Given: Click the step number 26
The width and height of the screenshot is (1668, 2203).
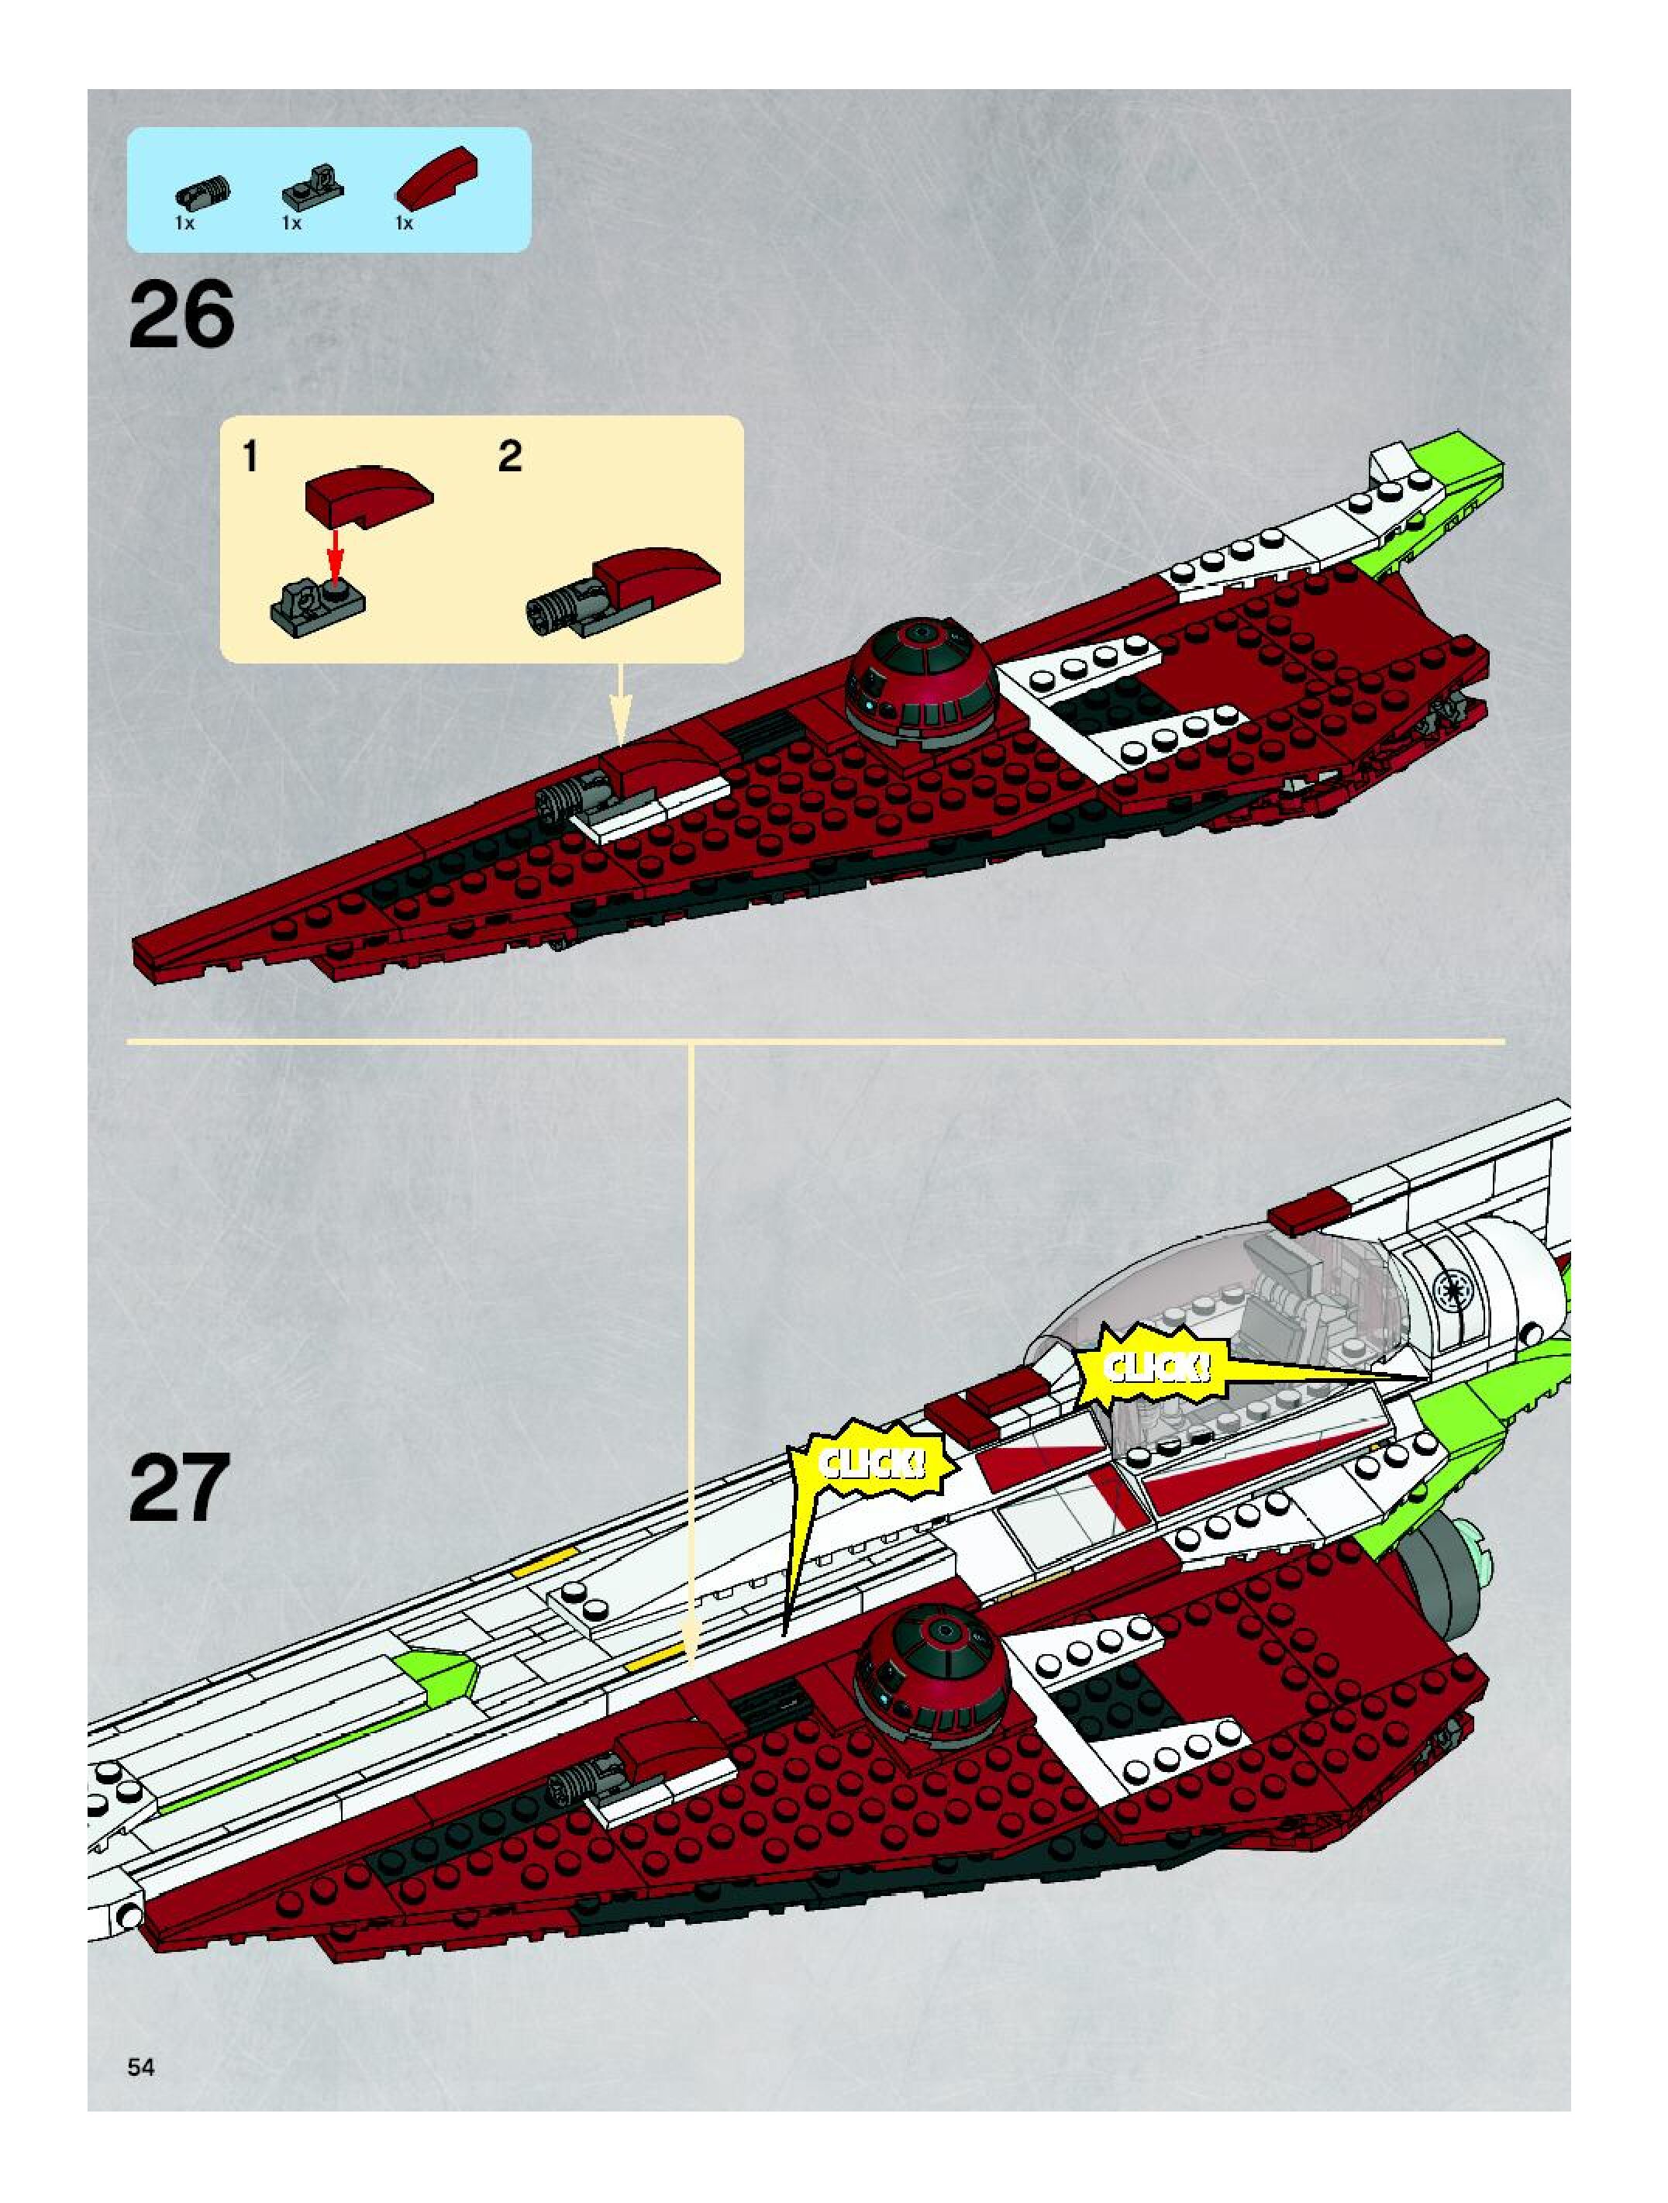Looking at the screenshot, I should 181,315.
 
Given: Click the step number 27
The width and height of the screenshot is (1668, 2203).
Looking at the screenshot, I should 179,1488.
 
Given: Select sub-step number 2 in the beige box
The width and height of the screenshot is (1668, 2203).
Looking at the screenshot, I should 509,457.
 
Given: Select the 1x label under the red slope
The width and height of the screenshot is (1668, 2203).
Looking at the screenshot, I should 403,224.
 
